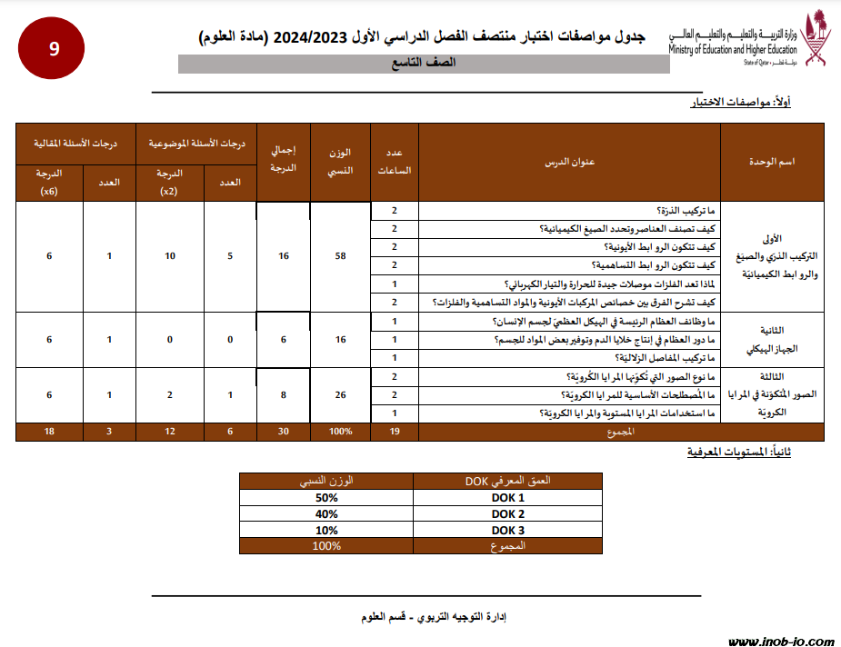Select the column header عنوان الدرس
569,162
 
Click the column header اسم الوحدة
772,162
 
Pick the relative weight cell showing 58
341,256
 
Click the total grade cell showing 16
284,256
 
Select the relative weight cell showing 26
341,395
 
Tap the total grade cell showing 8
284,395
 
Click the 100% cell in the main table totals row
341,432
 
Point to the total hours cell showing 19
395,432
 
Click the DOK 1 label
508,498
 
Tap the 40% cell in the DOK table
325,513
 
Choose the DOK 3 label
508,530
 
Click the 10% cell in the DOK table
325,530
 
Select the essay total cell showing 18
49,432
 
